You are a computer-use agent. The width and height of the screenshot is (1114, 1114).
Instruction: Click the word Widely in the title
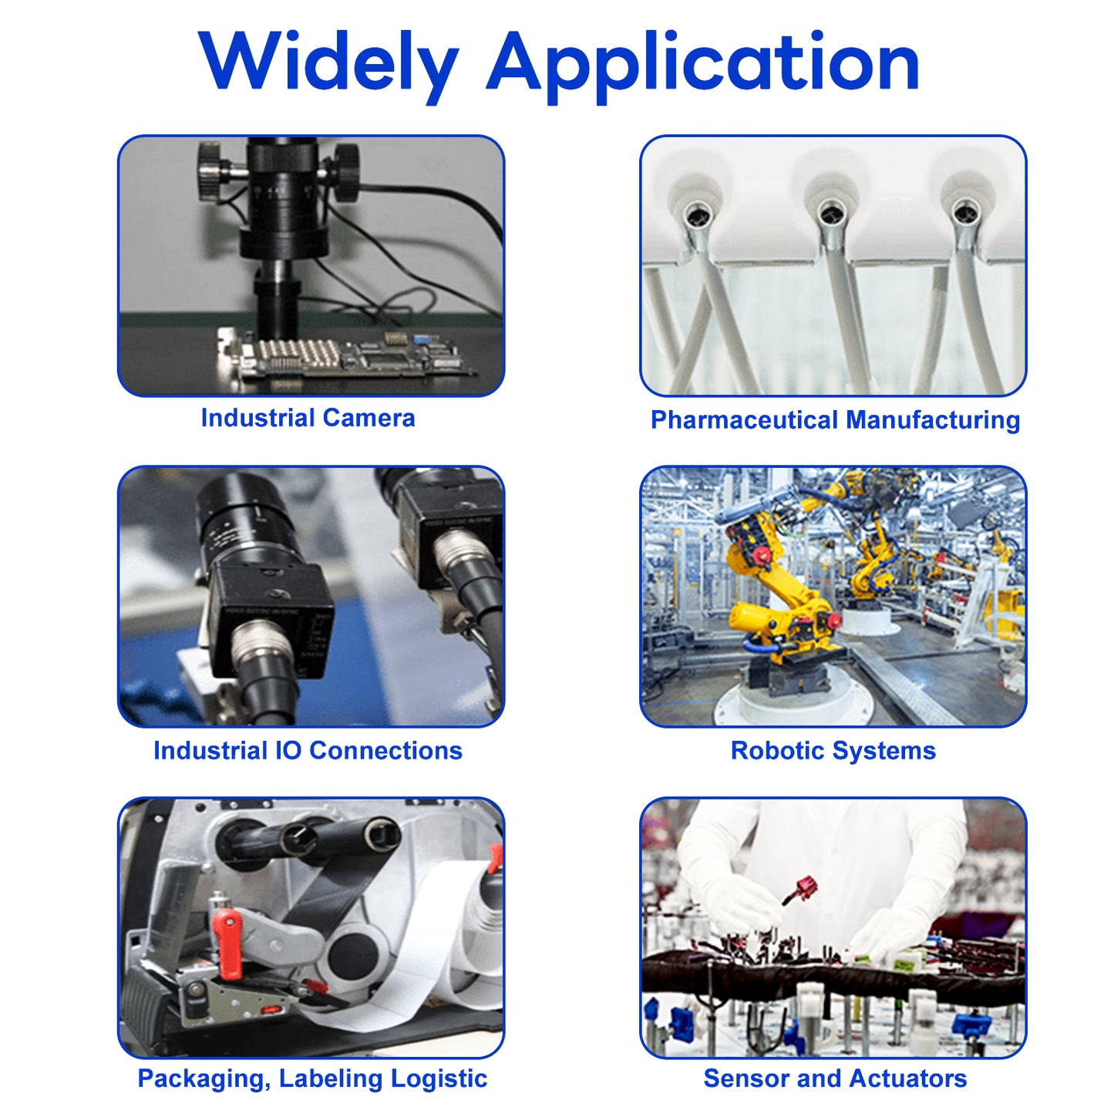point(328,66)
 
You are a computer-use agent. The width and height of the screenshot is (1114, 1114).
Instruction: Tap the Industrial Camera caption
point(308,418)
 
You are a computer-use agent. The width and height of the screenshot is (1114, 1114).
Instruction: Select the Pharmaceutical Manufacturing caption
point(835,419)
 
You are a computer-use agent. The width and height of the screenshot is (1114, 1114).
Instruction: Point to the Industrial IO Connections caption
point(308,750)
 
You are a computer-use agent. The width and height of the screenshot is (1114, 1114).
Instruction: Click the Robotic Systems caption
point(833,750)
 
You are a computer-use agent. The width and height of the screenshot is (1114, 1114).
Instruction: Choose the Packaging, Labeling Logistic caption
point(312,1079)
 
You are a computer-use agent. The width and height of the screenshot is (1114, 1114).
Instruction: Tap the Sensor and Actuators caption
point(835,1079)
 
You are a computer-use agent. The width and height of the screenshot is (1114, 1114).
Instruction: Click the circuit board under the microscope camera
point(347,354)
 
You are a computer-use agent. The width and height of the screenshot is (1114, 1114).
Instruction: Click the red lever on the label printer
point(227,943)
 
